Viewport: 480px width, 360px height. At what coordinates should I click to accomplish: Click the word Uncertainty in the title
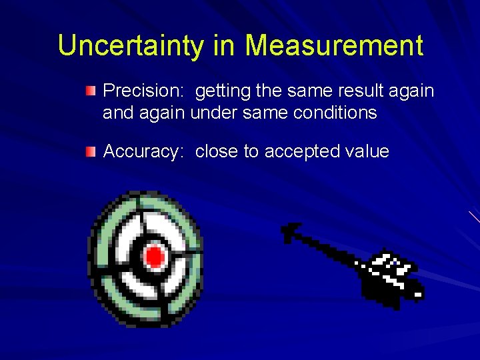(132, 45)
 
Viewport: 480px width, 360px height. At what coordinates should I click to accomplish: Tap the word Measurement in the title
(333, 45)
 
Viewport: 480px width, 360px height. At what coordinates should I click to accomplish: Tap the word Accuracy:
(143, 151)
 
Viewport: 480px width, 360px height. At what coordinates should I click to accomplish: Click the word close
(217, 151)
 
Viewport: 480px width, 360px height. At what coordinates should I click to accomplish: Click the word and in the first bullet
(118, 113)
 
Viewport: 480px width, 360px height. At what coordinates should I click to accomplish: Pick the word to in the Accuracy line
(251, 151)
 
